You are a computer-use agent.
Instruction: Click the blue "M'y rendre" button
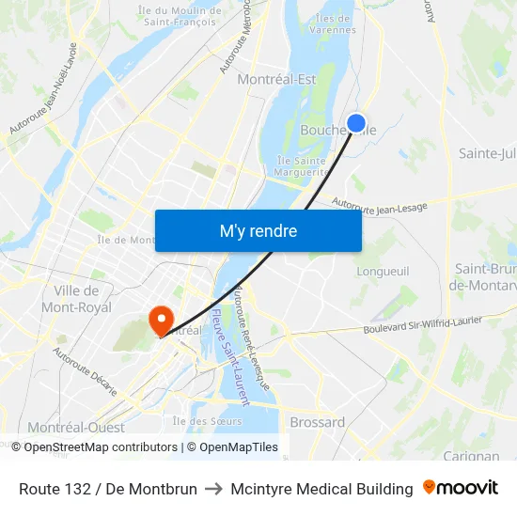[x=258, y=230]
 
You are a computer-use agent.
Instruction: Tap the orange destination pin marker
[x=162, y=320]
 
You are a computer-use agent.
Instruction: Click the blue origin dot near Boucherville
[x=356, y=122]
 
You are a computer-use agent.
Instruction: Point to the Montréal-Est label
[x=276, y=80]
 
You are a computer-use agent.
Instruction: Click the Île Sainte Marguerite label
[x=301, y=166]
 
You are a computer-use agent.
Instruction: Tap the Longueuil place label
[x=383, y=271]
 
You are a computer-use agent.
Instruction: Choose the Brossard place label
[x=317, y=422]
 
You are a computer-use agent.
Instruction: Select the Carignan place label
[x=470, y=457]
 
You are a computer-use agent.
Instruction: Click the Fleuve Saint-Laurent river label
[x=229, y=358]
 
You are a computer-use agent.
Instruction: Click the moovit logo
[x=460, y=488]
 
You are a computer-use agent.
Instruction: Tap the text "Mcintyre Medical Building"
[x=321, y=489]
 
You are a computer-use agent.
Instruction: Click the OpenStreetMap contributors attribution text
[x=101, y=447]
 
